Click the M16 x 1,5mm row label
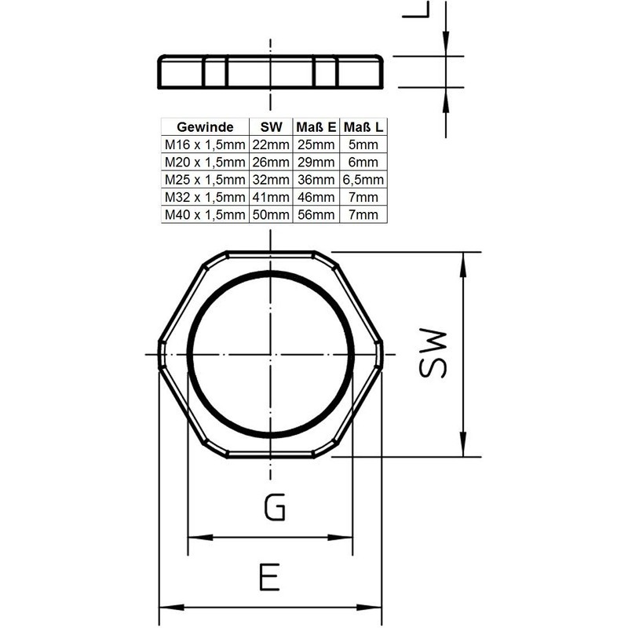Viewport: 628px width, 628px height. click(x=203, y=145)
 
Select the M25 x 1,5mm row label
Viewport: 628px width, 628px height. click(x=203, y=180)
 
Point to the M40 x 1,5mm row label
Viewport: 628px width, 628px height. click(x=203, y=214)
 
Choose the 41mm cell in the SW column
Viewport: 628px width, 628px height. click(x=270, y=197)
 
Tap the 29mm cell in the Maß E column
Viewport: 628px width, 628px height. click(x=316, y=162)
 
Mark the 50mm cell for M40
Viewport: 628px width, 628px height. click(x=270, y=214)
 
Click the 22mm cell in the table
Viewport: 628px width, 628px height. click(x=270, y=145)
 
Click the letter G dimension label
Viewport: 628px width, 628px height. click(x=273, y=508)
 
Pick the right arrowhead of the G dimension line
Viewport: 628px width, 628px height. click(x=348, y=538)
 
